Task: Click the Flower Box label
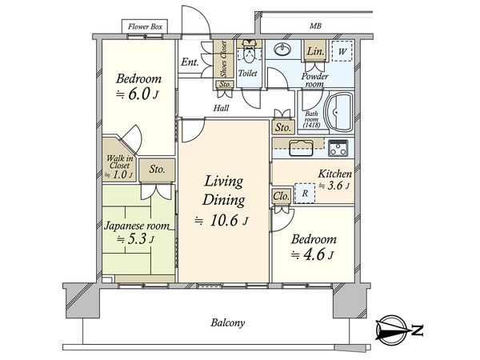pos(145,26)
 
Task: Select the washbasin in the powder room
pos(283,50)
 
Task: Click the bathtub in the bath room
pos(339,112)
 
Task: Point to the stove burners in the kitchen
pos(338,148)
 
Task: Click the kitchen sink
pos(302,148)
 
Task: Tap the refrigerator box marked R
pos(305,193)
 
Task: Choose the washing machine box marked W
pos(342,51)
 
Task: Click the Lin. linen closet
pos(315,51)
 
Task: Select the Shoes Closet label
pos(224,58)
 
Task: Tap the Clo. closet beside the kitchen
pos(282,196)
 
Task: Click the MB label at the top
pos(315,26)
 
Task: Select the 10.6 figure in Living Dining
pos(224,221)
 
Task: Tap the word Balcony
pos(228,323)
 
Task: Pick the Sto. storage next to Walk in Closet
pos(157,170)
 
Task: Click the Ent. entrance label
pos(190,62)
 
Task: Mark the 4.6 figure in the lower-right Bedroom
pos(313,254)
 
